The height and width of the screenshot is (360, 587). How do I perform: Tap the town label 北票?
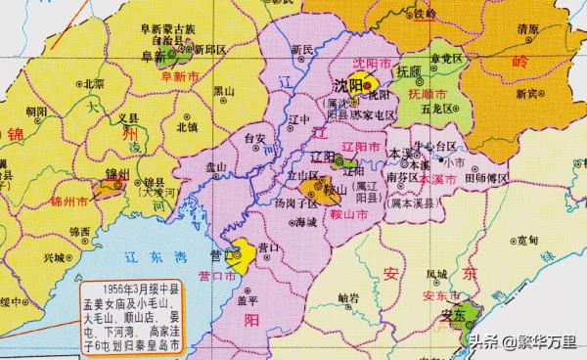click(94, 84)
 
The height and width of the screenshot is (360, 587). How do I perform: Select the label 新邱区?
click(210, 47)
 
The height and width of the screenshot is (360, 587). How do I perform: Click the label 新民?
click(303, 49)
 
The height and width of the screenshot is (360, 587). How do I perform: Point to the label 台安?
click(254, 139)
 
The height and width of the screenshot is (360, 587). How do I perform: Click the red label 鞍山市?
click(346, 212)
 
